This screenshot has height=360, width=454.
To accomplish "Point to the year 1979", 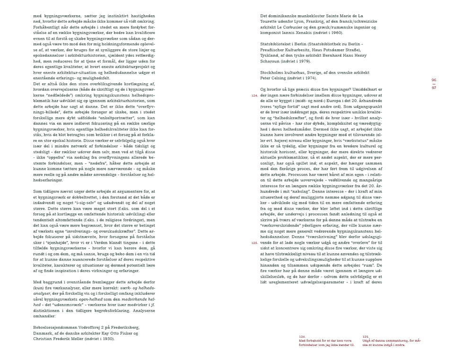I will tap(307, 61).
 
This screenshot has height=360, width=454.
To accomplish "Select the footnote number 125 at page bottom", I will tap(366, 336).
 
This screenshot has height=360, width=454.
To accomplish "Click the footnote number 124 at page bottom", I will tap(303, 336).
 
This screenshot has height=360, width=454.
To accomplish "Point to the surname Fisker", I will tap(129, 333).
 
